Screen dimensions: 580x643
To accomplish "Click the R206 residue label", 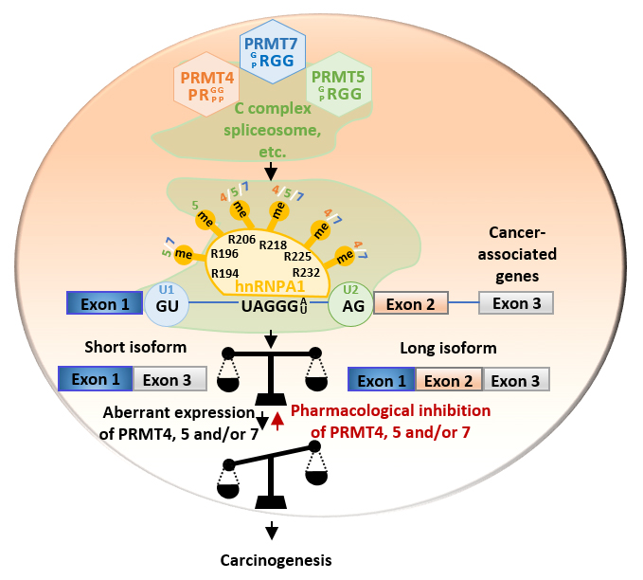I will [x=241, y=240].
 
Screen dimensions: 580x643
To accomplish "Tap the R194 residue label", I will [x=224, y=272].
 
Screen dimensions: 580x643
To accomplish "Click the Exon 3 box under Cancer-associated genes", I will [x=515, y=303].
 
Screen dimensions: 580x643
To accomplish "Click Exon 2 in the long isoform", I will [x=449, y=381].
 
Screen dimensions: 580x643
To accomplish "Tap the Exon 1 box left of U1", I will [x=103, y=303].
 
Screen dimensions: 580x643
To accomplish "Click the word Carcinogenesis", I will [x=273, y=559].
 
